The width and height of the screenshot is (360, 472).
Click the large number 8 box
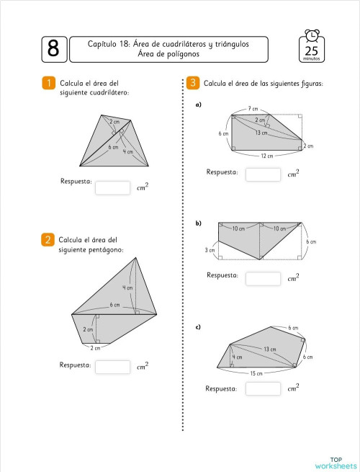coord(53,48)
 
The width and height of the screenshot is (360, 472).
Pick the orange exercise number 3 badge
coord(192,84)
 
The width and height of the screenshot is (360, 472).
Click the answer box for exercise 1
coord(112,187)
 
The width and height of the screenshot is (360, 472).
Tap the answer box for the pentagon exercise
coord(112,367)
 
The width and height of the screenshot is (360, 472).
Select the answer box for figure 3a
coord(263,174)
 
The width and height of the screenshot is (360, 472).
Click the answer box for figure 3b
coord(263,277)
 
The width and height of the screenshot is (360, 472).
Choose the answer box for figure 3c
coord(263,388)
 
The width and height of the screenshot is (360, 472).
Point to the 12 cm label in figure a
coord(267,156)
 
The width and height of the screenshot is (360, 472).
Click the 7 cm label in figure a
coord(253,108)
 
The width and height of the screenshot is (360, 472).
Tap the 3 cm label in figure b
coord(210,250)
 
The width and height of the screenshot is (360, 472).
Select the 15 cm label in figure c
coord(257,373)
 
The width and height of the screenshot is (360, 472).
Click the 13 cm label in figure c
coord(269,349)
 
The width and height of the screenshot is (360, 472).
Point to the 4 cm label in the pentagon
coord(127,288)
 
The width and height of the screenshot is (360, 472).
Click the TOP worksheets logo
coord(336,463)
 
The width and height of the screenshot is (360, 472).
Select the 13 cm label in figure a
coord(261,133)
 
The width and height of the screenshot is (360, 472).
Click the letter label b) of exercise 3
coord(198,223)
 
